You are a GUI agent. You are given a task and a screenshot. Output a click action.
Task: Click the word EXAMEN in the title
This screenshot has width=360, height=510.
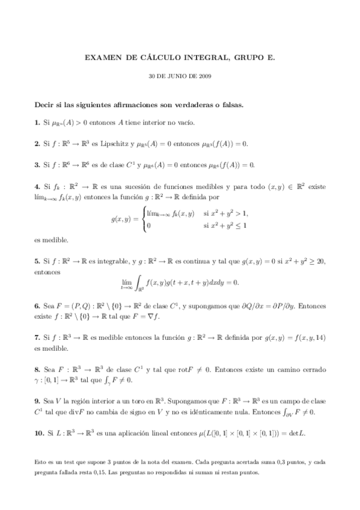point(103,59)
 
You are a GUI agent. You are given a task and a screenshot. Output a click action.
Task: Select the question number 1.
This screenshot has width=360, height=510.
point(36,122)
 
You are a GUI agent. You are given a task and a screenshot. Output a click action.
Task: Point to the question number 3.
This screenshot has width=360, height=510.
point(36,164)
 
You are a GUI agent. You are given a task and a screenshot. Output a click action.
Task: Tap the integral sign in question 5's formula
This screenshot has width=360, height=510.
point(141,281)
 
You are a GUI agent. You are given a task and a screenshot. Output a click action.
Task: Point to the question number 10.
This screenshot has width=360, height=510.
point(38,433)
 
